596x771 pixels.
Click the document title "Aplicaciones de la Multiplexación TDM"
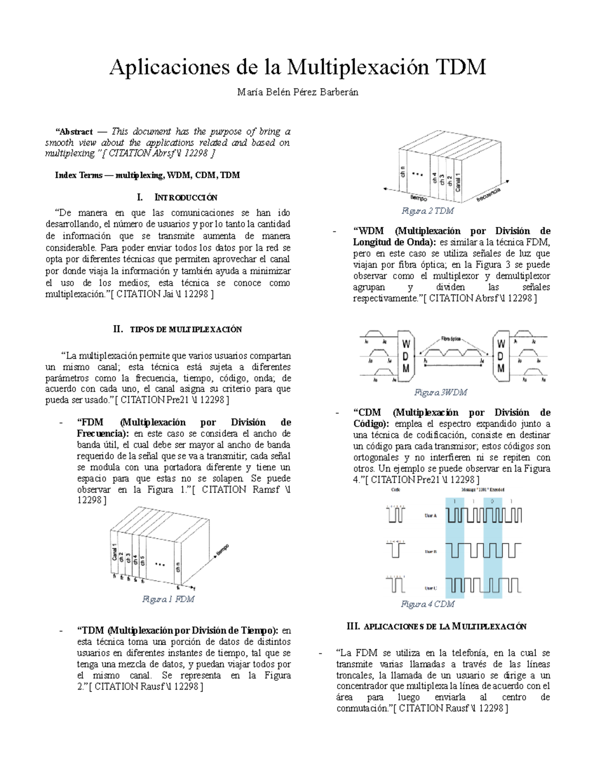pyautogui.click(x=298, y=67)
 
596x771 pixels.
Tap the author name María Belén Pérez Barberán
pyautogui.click(x=298, y=92)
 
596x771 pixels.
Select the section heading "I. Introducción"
pyautogui.click(x=177, y=197)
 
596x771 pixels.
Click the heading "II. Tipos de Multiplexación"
pyautogui.click(x=177, y=329)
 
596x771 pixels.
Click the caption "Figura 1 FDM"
pyautogui.click(x=168, y=599)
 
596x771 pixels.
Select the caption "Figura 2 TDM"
pyautogui.click(x=427, y=211)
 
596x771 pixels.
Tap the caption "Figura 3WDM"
pyautogui.click(x=441, y=392)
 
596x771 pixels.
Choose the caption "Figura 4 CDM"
pyautogui.click(x=427, y=604)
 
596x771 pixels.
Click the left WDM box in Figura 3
pyautogui.click(x=406, y=356)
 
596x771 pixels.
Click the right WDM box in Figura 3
pyautogui.click(x=501, y=356)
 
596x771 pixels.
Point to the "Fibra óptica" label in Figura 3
pyautogui.click(x=450, y=339)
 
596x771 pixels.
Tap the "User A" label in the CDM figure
pyautogui.click(x=431, y=516)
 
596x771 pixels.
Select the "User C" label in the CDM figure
pyautogui.click(x=431, y=588)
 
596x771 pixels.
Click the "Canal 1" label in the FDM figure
pyautogui.click(x=115, y=553)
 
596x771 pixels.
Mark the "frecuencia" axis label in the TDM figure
pyautogui.click(x=488, y=195)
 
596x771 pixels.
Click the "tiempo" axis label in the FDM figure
pyautogui.click(x=223, y=550)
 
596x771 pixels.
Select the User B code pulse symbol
pyautogui.click(x=396, y=550)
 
